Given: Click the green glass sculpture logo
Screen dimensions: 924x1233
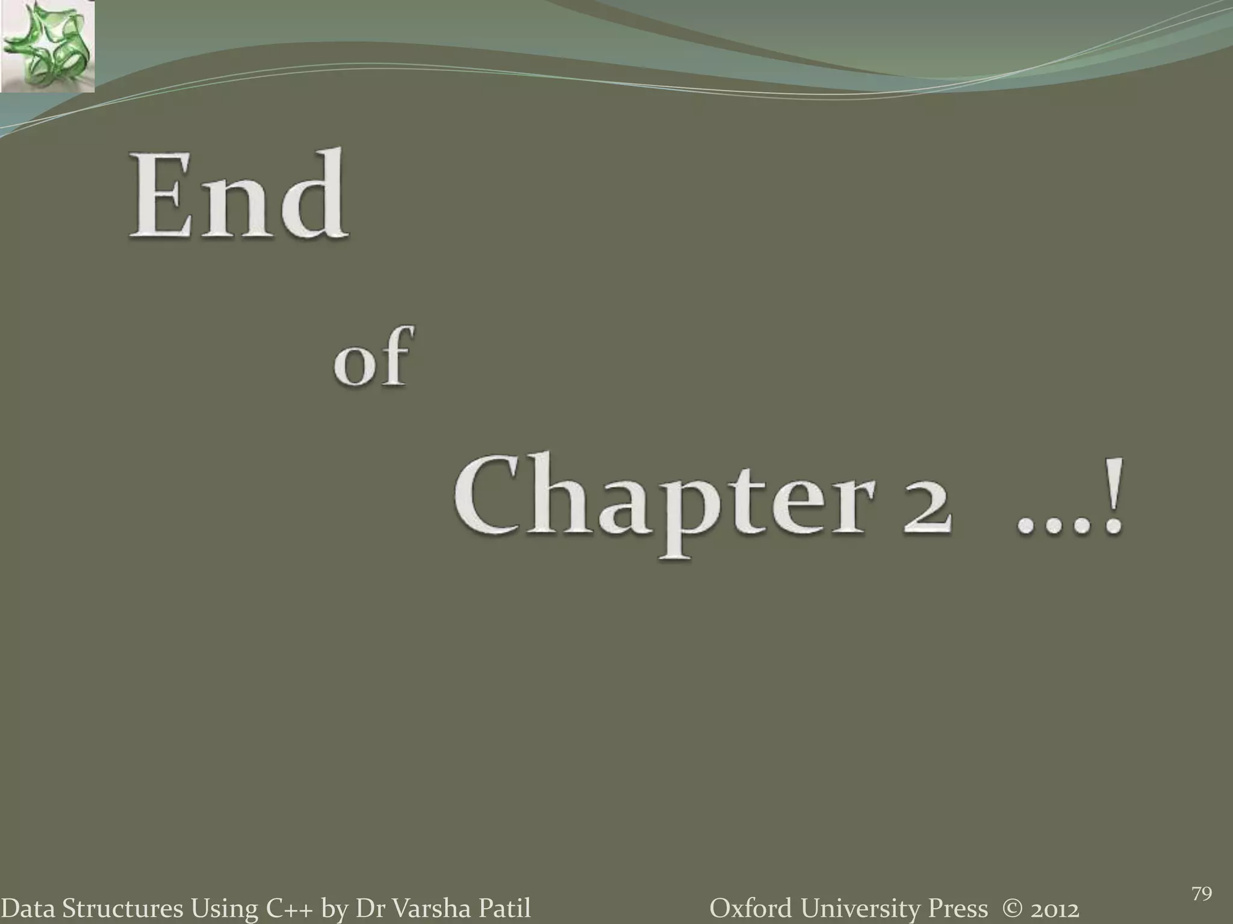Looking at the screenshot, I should pyautogui.click(x=47, y=47).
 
